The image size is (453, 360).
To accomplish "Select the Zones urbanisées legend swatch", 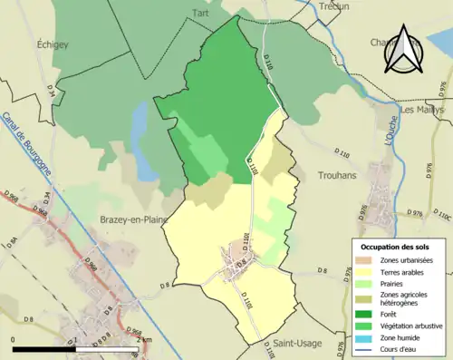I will pyautogui.click(x=367, y=260).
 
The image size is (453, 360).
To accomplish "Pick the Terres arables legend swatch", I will pyautogui.click(x=367, y=271).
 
